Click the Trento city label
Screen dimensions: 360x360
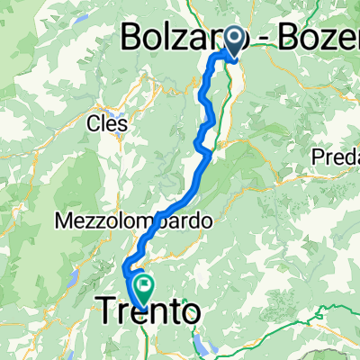click(x=147, y=312)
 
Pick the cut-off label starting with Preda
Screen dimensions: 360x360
click(x=335, y=157)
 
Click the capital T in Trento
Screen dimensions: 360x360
click(x=103, y=312)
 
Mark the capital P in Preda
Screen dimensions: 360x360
click(x=317, y=157)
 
